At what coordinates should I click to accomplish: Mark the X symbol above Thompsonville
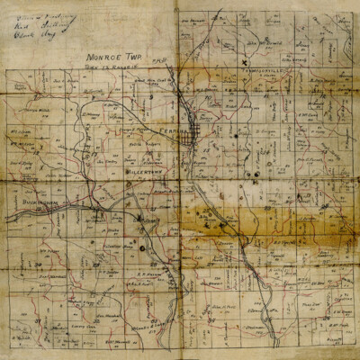[244, 61]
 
